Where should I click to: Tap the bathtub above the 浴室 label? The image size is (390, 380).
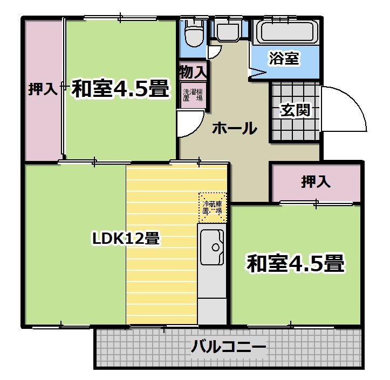click(286, 32)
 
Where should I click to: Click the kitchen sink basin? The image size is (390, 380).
click(213, 247)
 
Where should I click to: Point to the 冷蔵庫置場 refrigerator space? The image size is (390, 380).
click(213, 208)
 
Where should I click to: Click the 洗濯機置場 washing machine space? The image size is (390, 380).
click(193, 95)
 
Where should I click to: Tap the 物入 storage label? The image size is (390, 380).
click(193, 72)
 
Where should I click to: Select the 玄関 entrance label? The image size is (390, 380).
click(295, 110)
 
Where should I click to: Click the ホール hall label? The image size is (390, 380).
click(235, 128)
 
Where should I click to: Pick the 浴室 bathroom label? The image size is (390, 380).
click(284, 58)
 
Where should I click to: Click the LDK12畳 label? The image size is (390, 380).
click(126, 239)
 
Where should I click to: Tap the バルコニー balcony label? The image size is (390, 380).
click(228, 347)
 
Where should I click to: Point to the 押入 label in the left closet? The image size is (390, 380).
click(43, 89)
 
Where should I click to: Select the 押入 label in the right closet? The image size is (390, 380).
click(316, 181)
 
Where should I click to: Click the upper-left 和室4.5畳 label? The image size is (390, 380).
click(120, 89)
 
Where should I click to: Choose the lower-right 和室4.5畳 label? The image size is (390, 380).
click(296, 263)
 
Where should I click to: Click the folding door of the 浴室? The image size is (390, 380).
click(258, 73)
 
